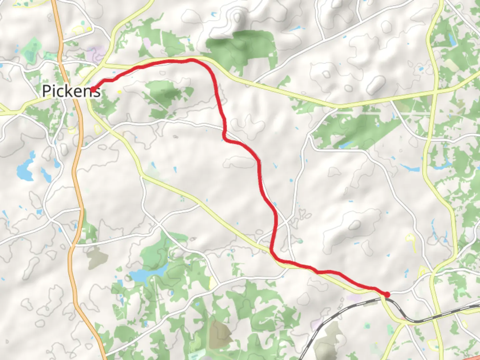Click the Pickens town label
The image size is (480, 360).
tap(71, 91)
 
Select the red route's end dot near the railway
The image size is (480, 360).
tap(387, 294)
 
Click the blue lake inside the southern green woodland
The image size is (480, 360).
tap(143, 275)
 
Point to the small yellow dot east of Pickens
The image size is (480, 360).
tap(119, 92)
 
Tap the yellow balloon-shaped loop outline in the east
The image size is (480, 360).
tap(410, 240)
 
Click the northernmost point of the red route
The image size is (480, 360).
tap(191, 60)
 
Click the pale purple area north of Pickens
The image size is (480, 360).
tap(95, 53)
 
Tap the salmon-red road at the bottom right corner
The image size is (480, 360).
tap(475, 357)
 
